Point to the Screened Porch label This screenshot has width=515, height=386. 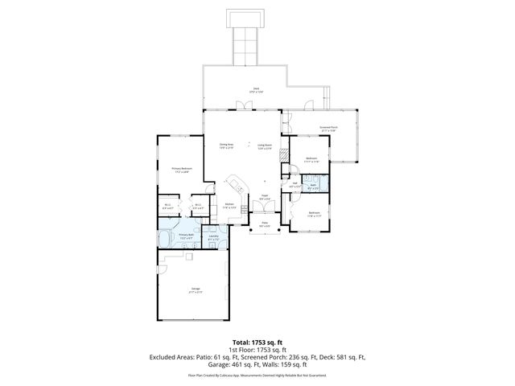click(328, 129)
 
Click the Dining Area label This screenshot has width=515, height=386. click(226, 146)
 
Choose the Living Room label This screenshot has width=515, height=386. click(264, 146)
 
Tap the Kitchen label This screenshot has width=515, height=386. click(229, 206)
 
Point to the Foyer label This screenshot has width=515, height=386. click(264, 196)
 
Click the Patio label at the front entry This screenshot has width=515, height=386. click(264, 224)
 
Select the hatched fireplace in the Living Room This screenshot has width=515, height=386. click(282, 154)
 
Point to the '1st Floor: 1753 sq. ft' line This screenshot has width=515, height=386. click(257, 350)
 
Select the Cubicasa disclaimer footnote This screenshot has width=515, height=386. click(257, 375)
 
